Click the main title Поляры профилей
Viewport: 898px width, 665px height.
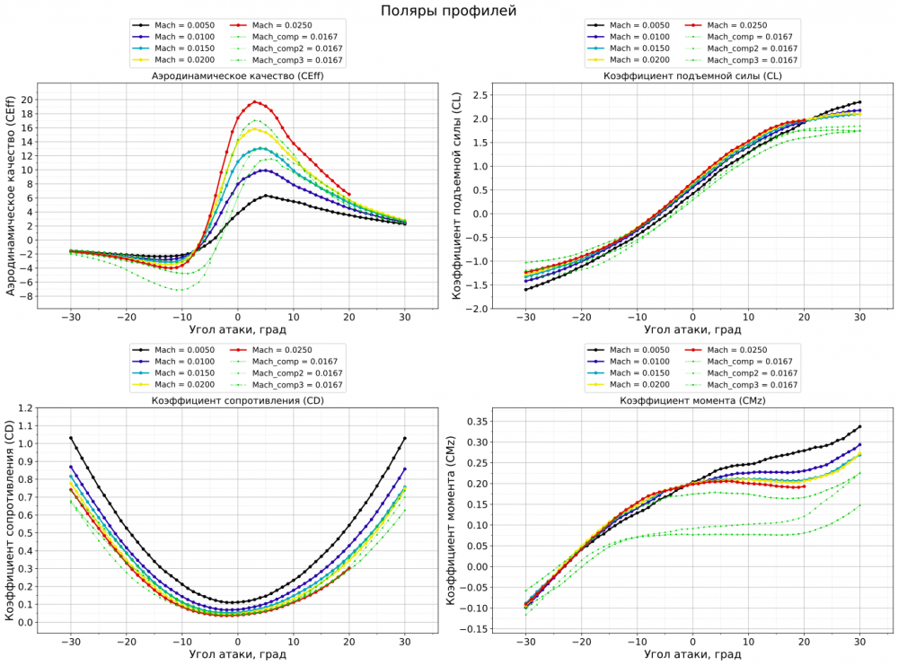click(x=449, y=11)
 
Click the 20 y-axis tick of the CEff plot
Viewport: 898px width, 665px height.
click(x=26, y=100)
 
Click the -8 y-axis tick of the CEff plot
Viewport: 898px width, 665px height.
click(x=26, y=296)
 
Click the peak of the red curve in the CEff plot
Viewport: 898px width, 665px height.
click(x=255, y=101)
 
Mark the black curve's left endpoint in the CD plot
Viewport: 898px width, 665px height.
click(x=71, y=438)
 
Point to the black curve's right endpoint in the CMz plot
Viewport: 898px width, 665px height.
click(x=859, y=426)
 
